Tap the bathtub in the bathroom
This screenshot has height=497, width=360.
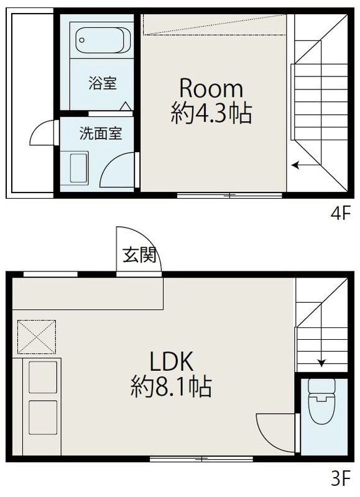(99, 43)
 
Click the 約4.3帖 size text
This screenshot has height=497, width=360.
(211, 114)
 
